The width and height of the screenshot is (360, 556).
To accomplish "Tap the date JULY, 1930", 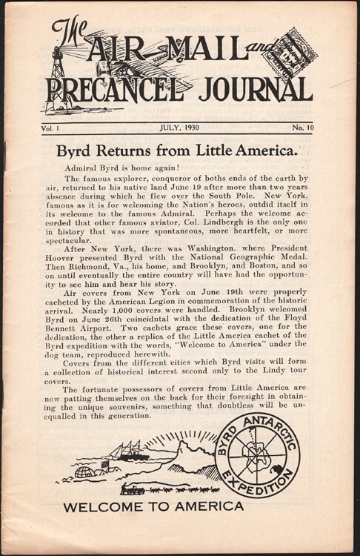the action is point(180,127).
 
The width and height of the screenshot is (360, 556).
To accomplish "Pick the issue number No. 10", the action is point(301,127).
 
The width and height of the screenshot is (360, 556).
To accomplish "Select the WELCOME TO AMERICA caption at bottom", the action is point(153,507).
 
